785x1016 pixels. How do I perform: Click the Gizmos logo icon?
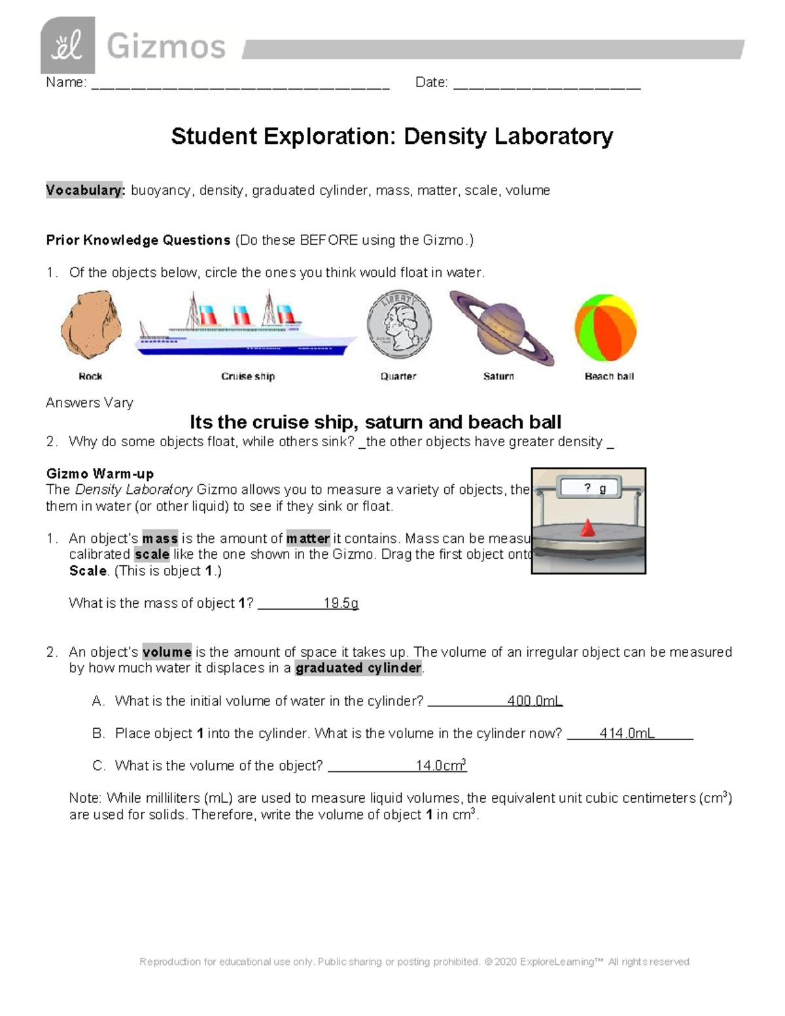(67, 45)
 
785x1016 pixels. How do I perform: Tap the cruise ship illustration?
(247, 328)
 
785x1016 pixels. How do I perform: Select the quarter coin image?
(399, 325)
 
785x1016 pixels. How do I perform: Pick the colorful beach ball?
(606, 327)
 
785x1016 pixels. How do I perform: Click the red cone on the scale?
(589, 528)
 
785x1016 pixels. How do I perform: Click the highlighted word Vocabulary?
(84, 190)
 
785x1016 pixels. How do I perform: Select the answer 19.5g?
(341, 603)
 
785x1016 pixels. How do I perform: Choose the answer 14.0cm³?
(441, 765)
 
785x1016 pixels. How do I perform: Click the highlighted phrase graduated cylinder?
(358, 668)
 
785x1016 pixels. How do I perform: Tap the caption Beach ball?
(609, 376)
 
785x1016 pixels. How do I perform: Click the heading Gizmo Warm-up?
(100, 474)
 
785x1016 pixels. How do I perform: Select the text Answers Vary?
(90, 403)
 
